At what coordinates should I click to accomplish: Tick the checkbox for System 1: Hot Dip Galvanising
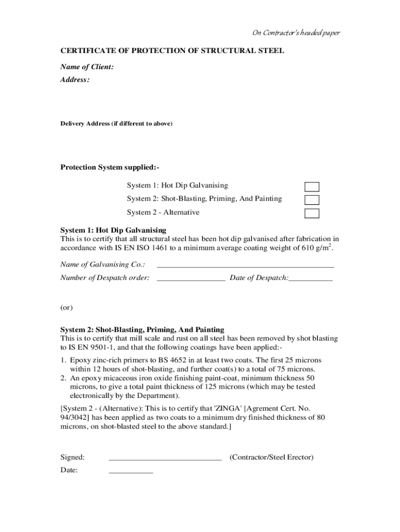[x=312, y=187]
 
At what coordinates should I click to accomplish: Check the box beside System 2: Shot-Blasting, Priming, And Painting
[x=312, y=200]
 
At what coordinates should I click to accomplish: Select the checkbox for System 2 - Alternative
[x=312, y=214]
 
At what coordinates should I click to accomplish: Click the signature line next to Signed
[x=165, y=458]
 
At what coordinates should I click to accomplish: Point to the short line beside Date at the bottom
[x=131, y=471]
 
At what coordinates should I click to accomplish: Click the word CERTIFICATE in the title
[x=89, y=52]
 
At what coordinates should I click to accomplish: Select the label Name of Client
[x=87, y=67]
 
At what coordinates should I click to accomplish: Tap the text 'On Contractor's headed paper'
[x=296, y=33]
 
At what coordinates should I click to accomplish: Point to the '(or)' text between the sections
[x=66, y=307]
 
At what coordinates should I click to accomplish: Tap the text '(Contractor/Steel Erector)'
[x=272, y=458]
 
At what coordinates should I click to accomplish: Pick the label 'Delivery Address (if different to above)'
[x=116, y=124]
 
